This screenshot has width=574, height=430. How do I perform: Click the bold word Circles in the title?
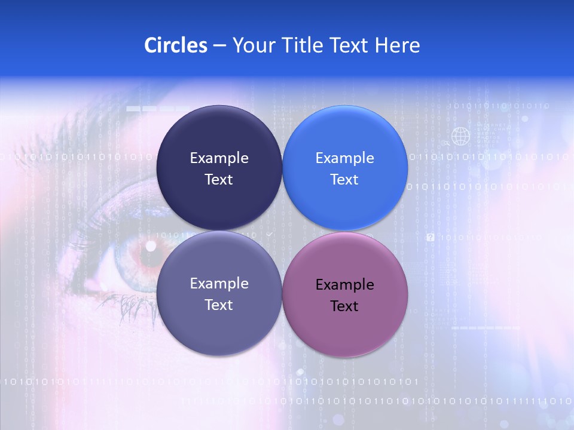pyautogui.click(x=175, y=45)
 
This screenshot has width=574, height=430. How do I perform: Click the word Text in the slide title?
pyautogui.click(x=352, y=45)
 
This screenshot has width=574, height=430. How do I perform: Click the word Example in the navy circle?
pyautogui.click(x=219, y=158)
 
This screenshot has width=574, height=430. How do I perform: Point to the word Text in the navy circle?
pyautogui.click(x=219, y=179)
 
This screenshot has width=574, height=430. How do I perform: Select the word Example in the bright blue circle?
pyautogui.click(x=344, y=158)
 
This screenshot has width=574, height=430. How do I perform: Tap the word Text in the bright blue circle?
pyautogui.click(x=344, y=179)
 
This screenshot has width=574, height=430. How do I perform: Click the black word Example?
pyautogui.click(x=344, y=284)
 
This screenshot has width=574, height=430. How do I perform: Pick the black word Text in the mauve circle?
pyautogui.click(x=344, y=306)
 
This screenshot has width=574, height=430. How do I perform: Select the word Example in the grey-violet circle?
pyautogui.click(x=219, y=283)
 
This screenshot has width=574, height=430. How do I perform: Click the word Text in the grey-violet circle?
pyautogui.click(x=219, y=305)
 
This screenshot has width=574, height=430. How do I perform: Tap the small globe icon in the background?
pyautogui.click(x=460, y=136)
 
